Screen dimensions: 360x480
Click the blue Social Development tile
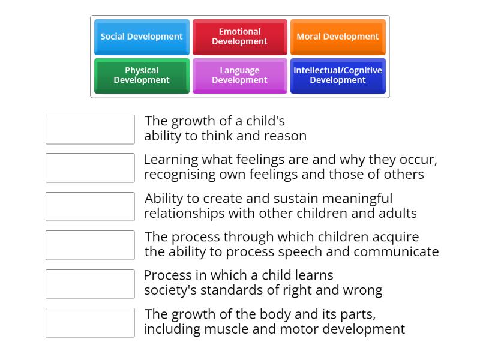click(142, 37)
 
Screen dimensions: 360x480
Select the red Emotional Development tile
click(239, 37)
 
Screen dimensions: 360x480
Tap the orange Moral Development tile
click(338, 37)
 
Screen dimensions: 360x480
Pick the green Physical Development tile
click(142, 75)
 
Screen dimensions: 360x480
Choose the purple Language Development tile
click(239, 75)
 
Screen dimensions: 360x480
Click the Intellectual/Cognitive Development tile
click(338, 75)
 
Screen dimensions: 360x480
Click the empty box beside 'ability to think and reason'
click(90, 130)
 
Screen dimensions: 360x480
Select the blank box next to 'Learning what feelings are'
click(90, 168)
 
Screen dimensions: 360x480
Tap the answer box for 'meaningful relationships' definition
click(90, 206)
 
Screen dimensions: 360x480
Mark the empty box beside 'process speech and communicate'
click(90, 245)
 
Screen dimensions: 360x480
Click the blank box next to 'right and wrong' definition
click(90, 284)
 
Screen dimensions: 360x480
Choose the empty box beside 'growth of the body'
click(90, 323)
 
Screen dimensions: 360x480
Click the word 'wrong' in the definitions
click(362, 290)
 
